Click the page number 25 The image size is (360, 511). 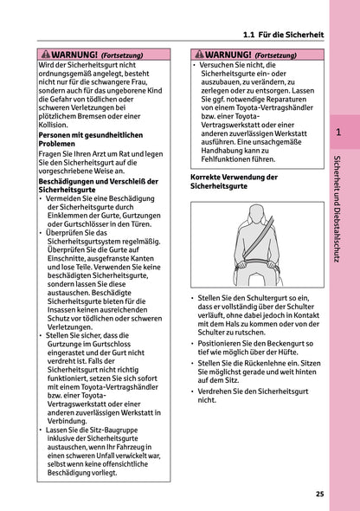(x=319, y=494)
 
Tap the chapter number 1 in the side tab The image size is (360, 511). (x=338, y=133)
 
